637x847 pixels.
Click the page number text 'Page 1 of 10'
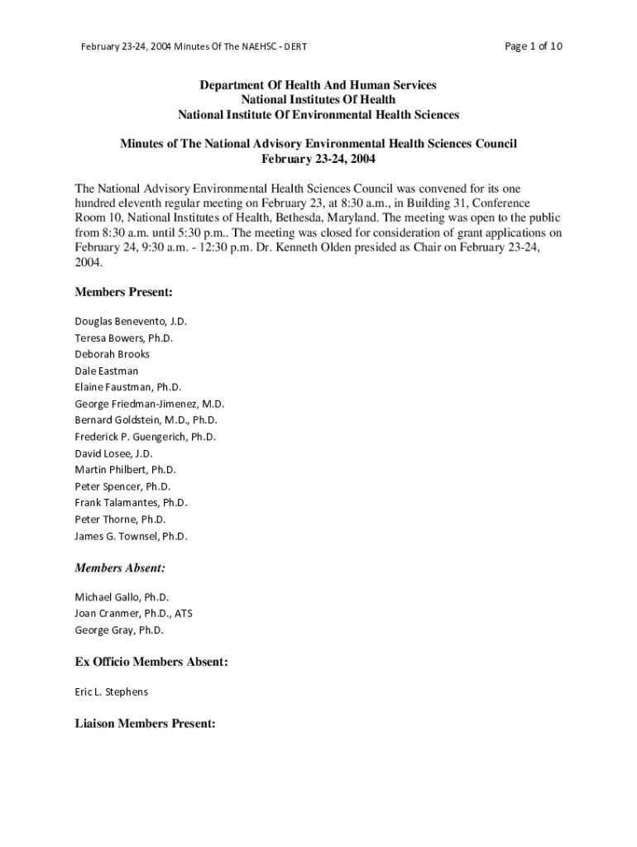(533, 46)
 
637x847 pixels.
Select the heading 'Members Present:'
(123, 292)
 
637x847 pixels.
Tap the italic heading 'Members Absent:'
(120, 568)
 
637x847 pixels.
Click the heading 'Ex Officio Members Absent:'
(151, 662)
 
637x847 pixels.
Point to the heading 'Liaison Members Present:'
(145, 723)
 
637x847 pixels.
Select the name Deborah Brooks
(113, 354)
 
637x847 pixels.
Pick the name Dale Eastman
(107, 371)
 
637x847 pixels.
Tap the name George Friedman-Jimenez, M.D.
(150, 404)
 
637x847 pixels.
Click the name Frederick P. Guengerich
(146, 437)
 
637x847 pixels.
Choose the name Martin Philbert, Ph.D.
(126, 470)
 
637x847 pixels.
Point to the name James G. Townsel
(132, 536)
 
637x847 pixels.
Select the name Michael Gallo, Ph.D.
(122, 596)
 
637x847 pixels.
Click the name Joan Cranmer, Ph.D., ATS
(134, 613)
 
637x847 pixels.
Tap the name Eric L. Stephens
(112, 691)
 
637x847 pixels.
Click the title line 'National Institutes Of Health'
(318, 100)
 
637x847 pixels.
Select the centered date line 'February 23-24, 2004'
(318, 159)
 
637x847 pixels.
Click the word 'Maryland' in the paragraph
(350, 218)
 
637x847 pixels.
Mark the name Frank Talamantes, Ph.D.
(132, 503)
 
